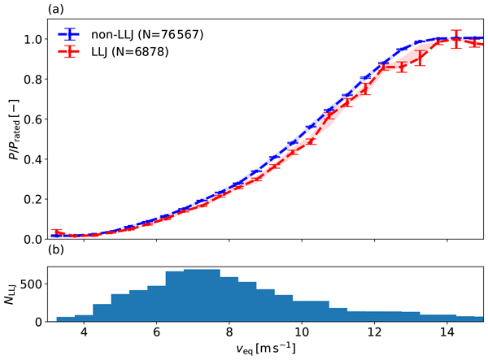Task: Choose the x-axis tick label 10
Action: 302,333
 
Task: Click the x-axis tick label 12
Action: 374,333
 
